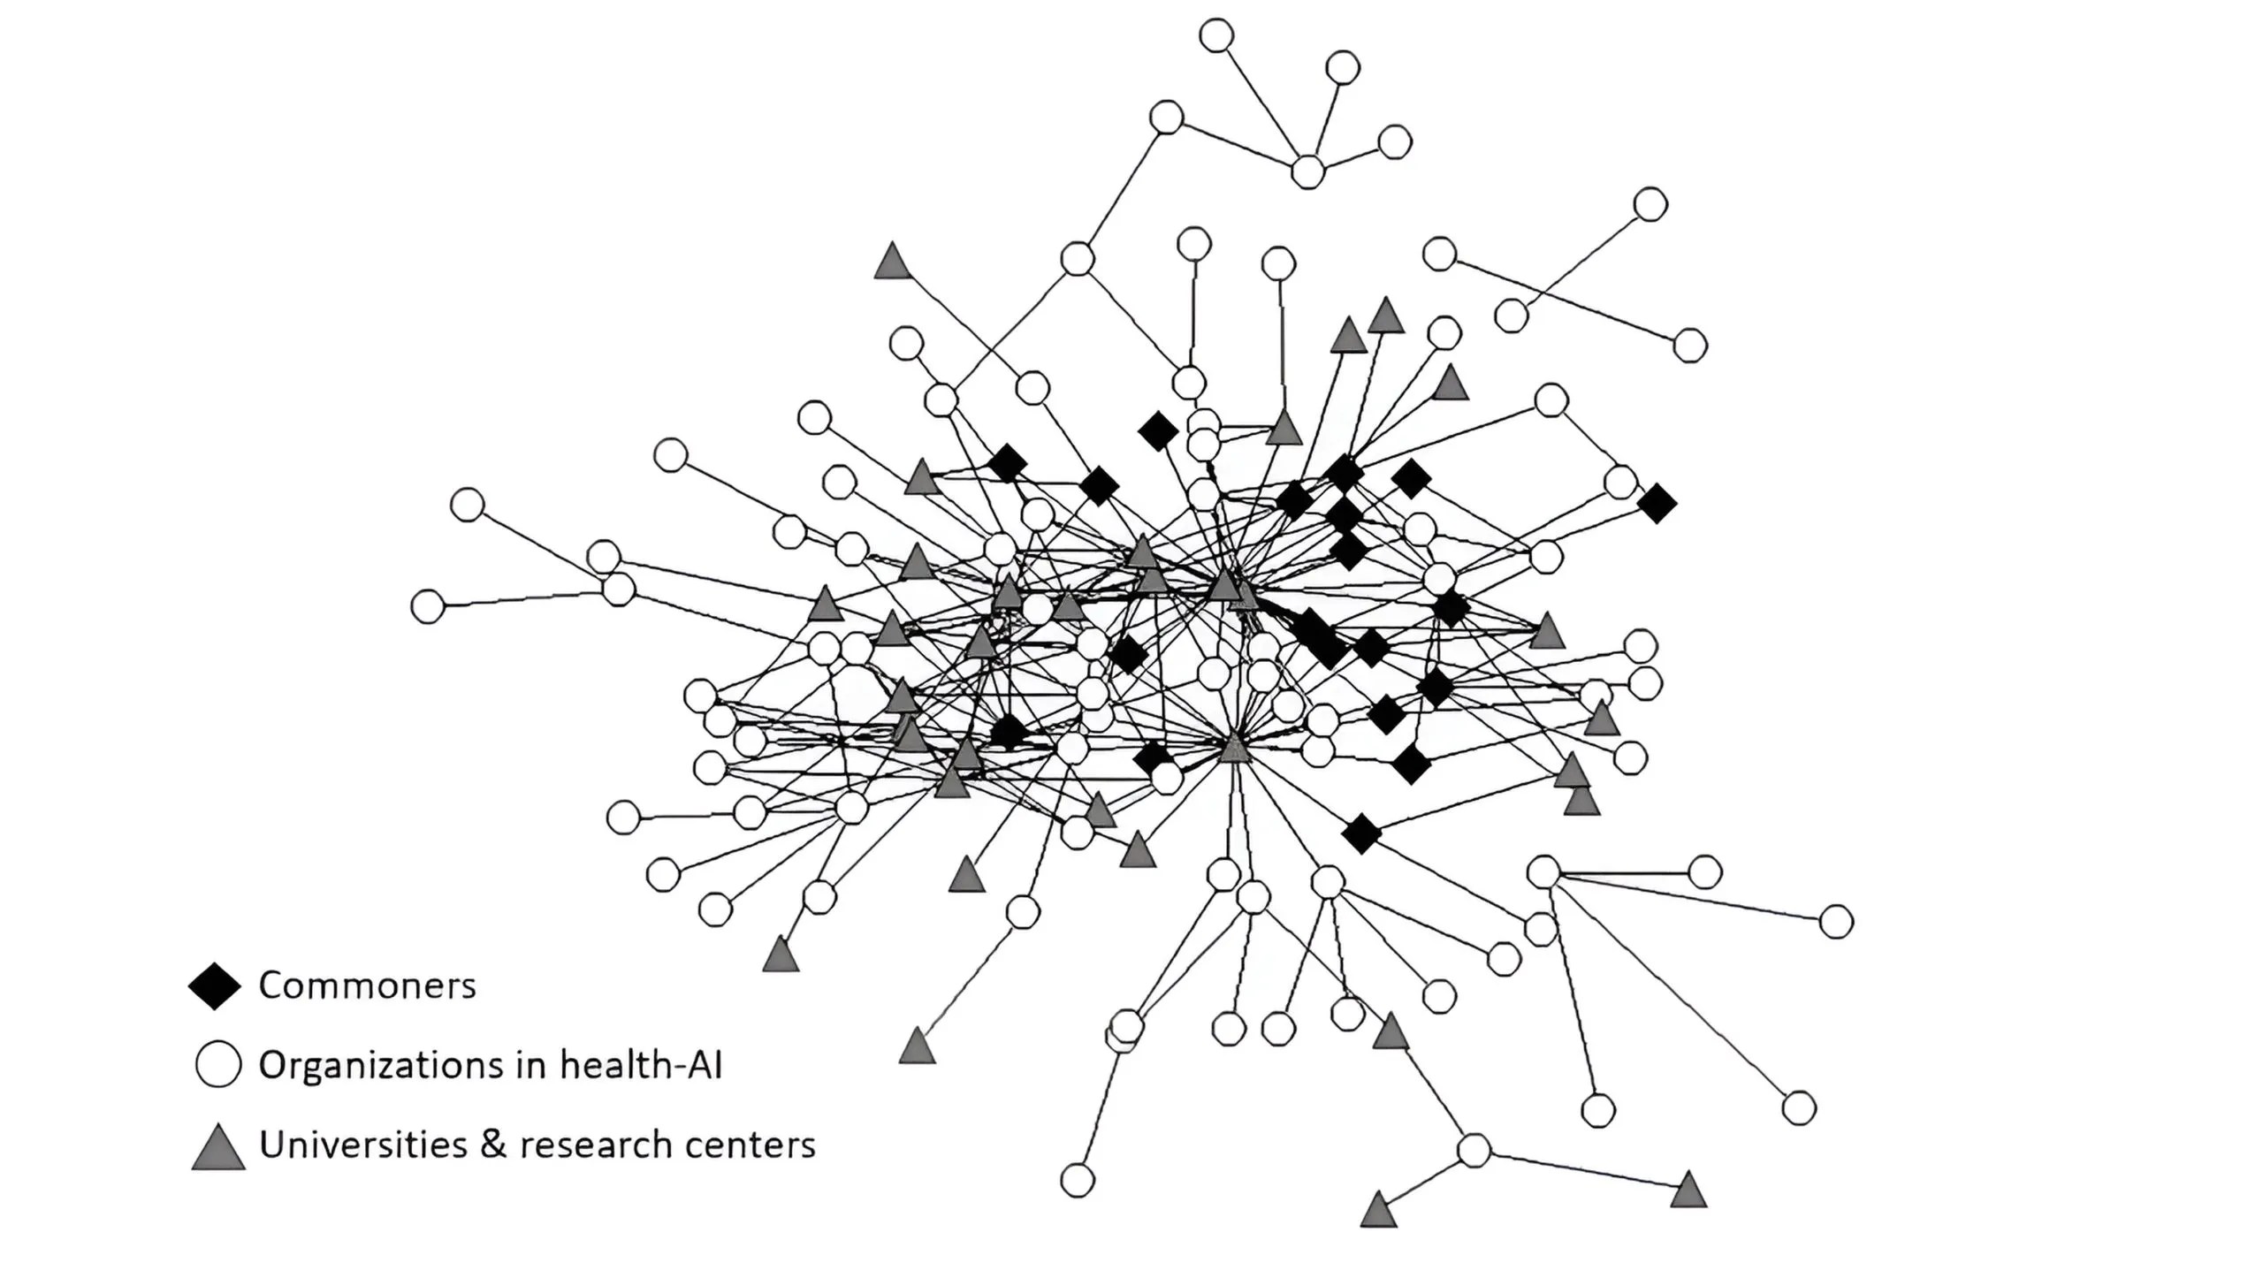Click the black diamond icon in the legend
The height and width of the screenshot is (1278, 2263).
pyautogui.click(x=215, y=986)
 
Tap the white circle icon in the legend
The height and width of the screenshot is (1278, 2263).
pyautogui.click(x=217, y=1064)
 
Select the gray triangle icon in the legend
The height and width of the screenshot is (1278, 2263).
pyautogui.click(x=218, y=1147)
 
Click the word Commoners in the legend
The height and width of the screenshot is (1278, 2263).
pyautogui.click(x=367, y=985)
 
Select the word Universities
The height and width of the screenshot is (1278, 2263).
pyautogui.click(x=362, y=1145)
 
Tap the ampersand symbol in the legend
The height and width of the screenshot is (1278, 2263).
pyautogui.click(x=493, y=1145)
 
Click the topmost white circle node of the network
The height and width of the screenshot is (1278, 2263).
pyautogui.click(x=1216, y=35)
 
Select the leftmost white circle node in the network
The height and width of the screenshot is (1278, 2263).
pyautogui.click(x=428, y=606)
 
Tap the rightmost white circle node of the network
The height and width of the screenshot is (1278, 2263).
pyautogui.click(x=1836, y=922)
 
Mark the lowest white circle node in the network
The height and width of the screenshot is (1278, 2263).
pyautogui.click(x=1077, y=1180)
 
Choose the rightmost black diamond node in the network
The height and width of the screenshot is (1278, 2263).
pyautogui.click(x=1657, y=504)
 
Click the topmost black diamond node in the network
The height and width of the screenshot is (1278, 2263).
pyautogui.click(x=1158, y=431)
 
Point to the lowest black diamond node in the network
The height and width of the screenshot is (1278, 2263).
pyautogui.click(x=1361, y=833)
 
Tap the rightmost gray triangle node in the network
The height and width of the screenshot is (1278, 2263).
pyautogui.click(x=1688, y=1191)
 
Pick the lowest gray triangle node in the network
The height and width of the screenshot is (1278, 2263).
pyautogui.click(x=1378, y=1211)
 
